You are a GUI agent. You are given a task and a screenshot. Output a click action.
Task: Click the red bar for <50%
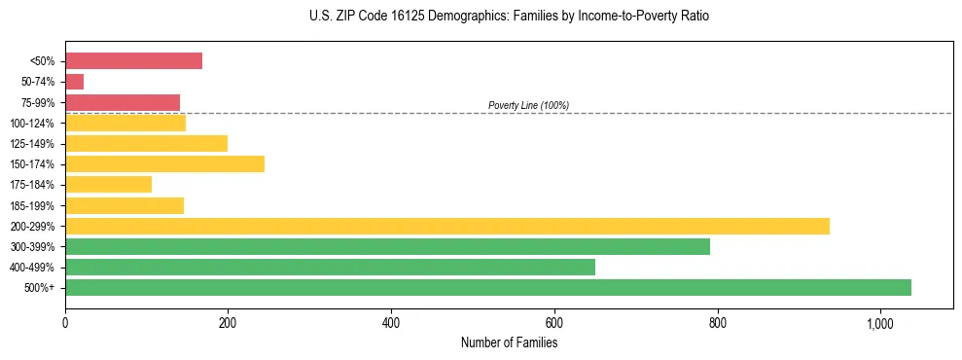coord(133,61)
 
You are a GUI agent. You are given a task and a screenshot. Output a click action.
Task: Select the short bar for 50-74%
coord(74,82)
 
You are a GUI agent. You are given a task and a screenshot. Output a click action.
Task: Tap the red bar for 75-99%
coord(123,102)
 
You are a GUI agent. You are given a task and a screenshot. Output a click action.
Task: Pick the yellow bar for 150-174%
coord(164,164)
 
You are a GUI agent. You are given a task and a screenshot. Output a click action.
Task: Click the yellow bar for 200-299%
coord(447,226)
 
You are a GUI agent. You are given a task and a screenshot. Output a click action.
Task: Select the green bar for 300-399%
coord(387,246)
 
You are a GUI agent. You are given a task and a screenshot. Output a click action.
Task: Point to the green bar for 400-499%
coord(330,267)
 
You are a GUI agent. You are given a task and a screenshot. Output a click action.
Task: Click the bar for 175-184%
coord(108,185)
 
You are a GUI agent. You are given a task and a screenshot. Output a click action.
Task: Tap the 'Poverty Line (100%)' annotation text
coord(528,105)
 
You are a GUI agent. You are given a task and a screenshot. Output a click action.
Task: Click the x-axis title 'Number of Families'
coord(509,342)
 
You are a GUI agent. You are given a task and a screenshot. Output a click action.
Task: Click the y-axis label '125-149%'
coord(32,144)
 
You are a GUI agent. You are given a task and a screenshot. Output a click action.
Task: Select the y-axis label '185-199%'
coord(32,205)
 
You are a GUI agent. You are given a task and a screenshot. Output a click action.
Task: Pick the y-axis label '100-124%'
coord(32,124)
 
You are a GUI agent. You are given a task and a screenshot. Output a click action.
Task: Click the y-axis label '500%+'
coord(38,288)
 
